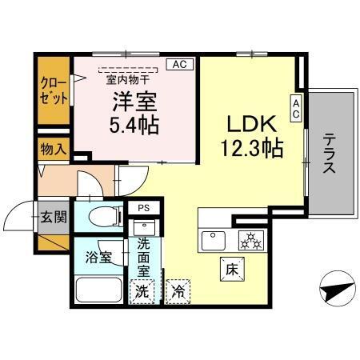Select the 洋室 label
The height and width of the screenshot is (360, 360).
(134, 102)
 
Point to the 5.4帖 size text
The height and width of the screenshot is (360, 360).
(134, 125)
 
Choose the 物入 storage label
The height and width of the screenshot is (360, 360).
(54, 150)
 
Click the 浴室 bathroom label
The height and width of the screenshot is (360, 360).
(99, 258)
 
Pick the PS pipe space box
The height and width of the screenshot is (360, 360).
(144, 208)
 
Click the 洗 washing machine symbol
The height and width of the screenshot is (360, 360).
(141, 291)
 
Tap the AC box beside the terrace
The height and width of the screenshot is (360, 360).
(296, 109)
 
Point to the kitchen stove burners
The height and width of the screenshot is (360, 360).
(250, 238)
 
